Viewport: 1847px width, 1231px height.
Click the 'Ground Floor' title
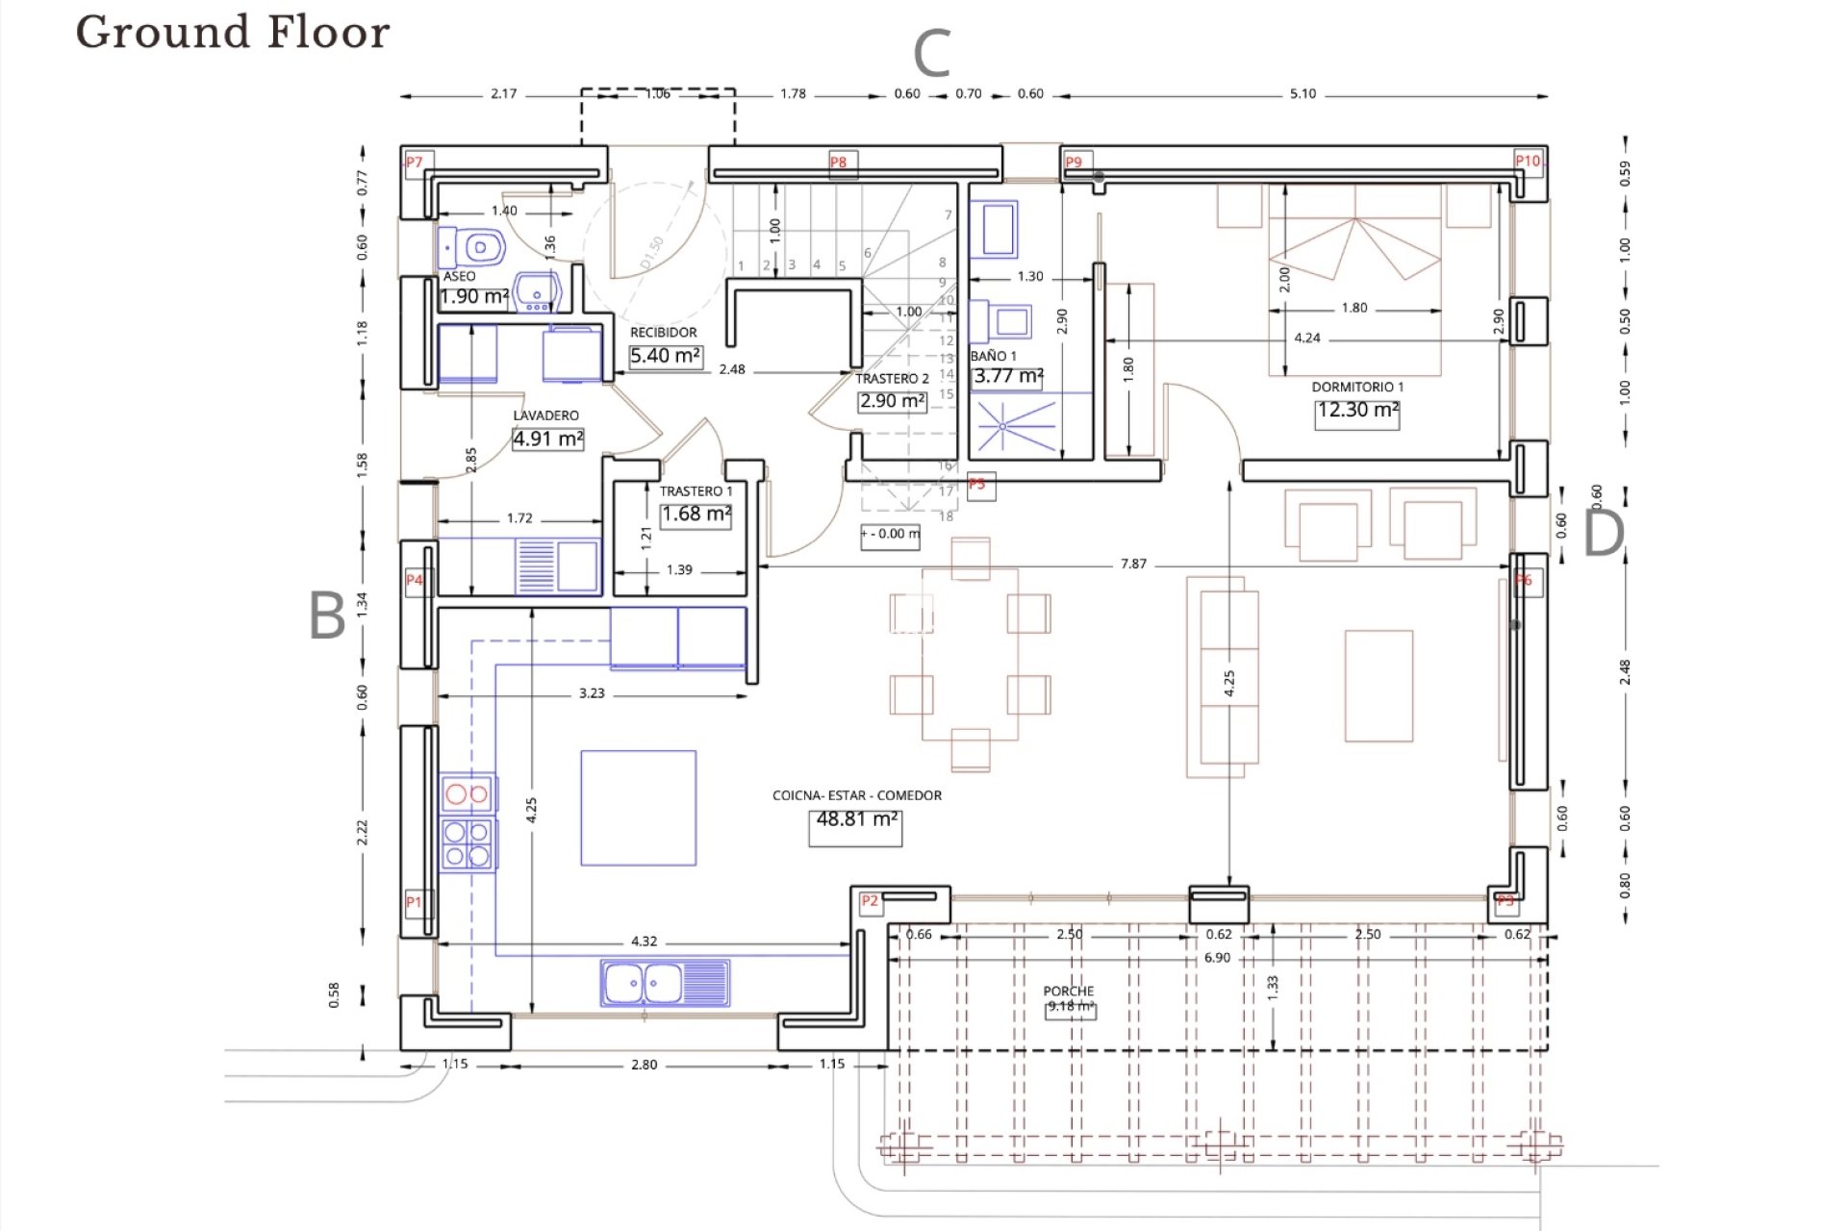[233, 32]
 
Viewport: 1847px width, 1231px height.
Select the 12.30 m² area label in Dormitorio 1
[1356, 410]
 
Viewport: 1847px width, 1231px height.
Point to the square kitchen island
[638, 808]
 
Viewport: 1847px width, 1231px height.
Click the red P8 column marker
[839, 163]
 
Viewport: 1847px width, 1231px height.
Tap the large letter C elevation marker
[931, 54]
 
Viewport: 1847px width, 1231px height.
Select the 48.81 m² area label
[855, 819]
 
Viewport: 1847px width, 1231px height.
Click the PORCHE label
[1068, 991]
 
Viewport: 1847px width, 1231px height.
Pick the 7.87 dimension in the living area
[1133, 564]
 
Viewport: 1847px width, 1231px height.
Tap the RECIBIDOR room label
[663, 333]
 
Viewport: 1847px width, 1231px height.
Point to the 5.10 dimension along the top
[1303, 94]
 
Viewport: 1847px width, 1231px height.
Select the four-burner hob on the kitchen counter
[468, 843]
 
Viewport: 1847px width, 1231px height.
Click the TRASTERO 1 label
[696, 491]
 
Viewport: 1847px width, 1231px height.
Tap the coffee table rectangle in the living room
[1378, 686]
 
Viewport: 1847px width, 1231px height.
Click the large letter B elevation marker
[327, 615]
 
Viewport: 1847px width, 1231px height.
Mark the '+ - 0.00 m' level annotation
[890, 534]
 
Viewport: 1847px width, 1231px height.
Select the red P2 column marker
[870, 901]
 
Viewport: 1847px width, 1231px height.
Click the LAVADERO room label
[545, 415]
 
